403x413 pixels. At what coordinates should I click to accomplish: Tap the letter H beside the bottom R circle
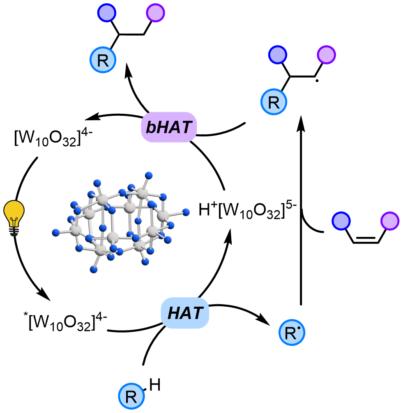[x=152, y=385]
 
